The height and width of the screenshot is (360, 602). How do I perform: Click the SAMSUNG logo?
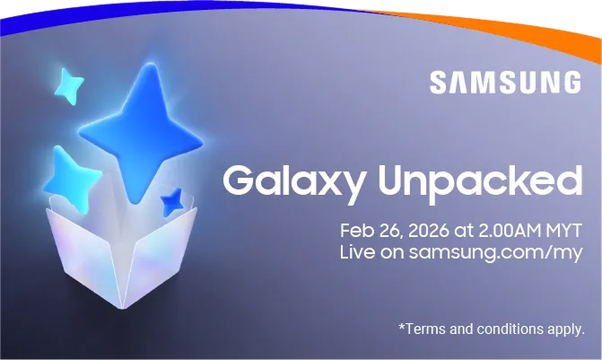[x=504, y=83]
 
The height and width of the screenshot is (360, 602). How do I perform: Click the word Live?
[x=355, y=251]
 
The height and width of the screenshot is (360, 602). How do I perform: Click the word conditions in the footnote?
[x=511, y=329]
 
